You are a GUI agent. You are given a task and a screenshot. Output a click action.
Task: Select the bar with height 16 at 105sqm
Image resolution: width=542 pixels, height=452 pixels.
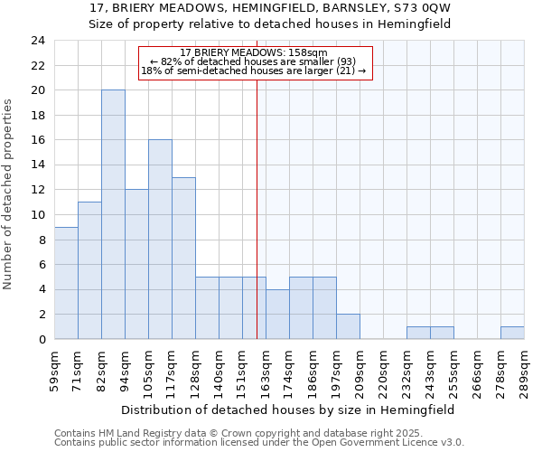click(x=160, y=240)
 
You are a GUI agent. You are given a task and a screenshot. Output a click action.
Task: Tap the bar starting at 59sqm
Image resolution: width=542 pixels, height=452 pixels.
click(x=66, y=283)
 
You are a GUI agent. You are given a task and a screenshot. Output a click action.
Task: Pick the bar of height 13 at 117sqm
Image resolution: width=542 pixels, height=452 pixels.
click(x=183, y=259)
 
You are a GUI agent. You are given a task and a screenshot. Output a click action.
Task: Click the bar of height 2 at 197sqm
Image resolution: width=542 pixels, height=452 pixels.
click(x=348, y=326)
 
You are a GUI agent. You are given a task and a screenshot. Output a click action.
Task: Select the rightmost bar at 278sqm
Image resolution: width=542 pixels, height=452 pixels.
click(x=512, y=333)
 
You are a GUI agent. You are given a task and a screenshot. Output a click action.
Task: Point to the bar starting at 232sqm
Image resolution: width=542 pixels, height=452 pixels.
click(x=418, y=333)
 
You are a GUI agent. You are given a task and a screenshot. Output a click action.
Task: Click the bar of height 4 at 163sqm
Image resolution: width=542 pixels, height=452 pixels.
click(x=277, y=314)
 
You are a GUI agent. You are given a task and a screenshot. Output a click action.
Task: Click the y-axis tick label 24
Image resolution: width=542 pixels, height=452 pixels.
click(x=37, y=41)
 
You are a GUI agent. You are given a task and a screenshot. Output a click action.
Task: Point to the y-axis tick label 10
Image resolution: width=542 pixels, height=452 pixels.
click(x=37, y=215)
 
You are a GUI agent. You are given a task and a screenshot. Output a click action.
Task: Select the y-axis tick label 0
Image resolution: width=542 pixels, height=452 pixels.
click(x=41, y=340)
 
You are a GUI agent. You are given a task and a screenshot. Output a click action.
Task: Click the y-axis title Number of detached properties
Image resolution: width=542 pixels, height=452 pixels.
click(x=9, y=195)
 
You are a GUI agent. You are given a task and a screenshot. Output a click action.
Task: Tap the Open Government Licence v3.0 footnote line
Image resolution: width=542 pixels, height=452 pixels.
click(x=259, y=443)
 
